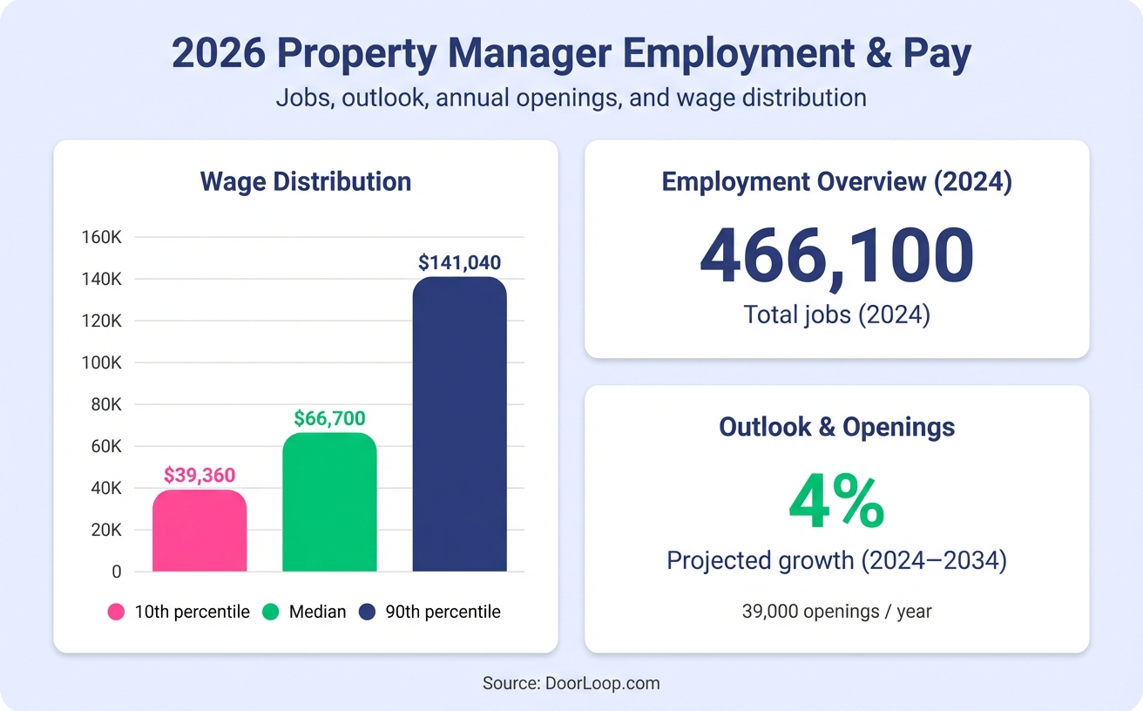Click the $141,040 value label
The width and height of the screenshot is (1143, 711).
[x=459, y=262]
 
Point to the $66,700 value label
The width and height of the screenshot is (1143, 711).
[x=329, y=418]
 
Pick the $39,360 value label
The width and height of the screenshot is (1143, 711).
[x=200, y=475]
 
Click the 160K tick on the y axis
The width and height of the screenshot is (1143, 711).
[x=101, y=237]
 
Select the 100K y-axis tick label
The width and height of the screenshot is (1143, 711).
[x=101, y=362]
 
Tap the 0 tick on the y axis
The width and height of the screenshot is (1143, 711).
[x=115, y=572]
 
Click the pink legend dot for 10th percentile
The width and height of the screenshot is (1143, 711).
[x=117, y=612]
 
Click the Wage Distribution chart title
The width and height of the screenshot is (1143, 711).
[x=306, y=181]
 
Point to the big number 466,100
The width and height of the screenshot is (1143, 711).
[x=836, y=257]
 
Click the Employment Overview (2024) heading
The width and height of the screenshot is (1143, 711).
[x=836, y=182]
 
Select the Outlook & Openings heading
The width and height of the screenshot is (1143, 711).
[x=836, y=427]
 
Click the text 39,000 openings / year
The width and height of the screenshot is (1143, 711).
[x=836, y=612]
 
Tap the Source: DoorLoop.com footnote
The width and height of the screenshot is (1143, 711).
[x=571, y=683]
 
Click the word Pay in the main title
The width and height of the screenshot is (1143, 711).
[x=936, y=54]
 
